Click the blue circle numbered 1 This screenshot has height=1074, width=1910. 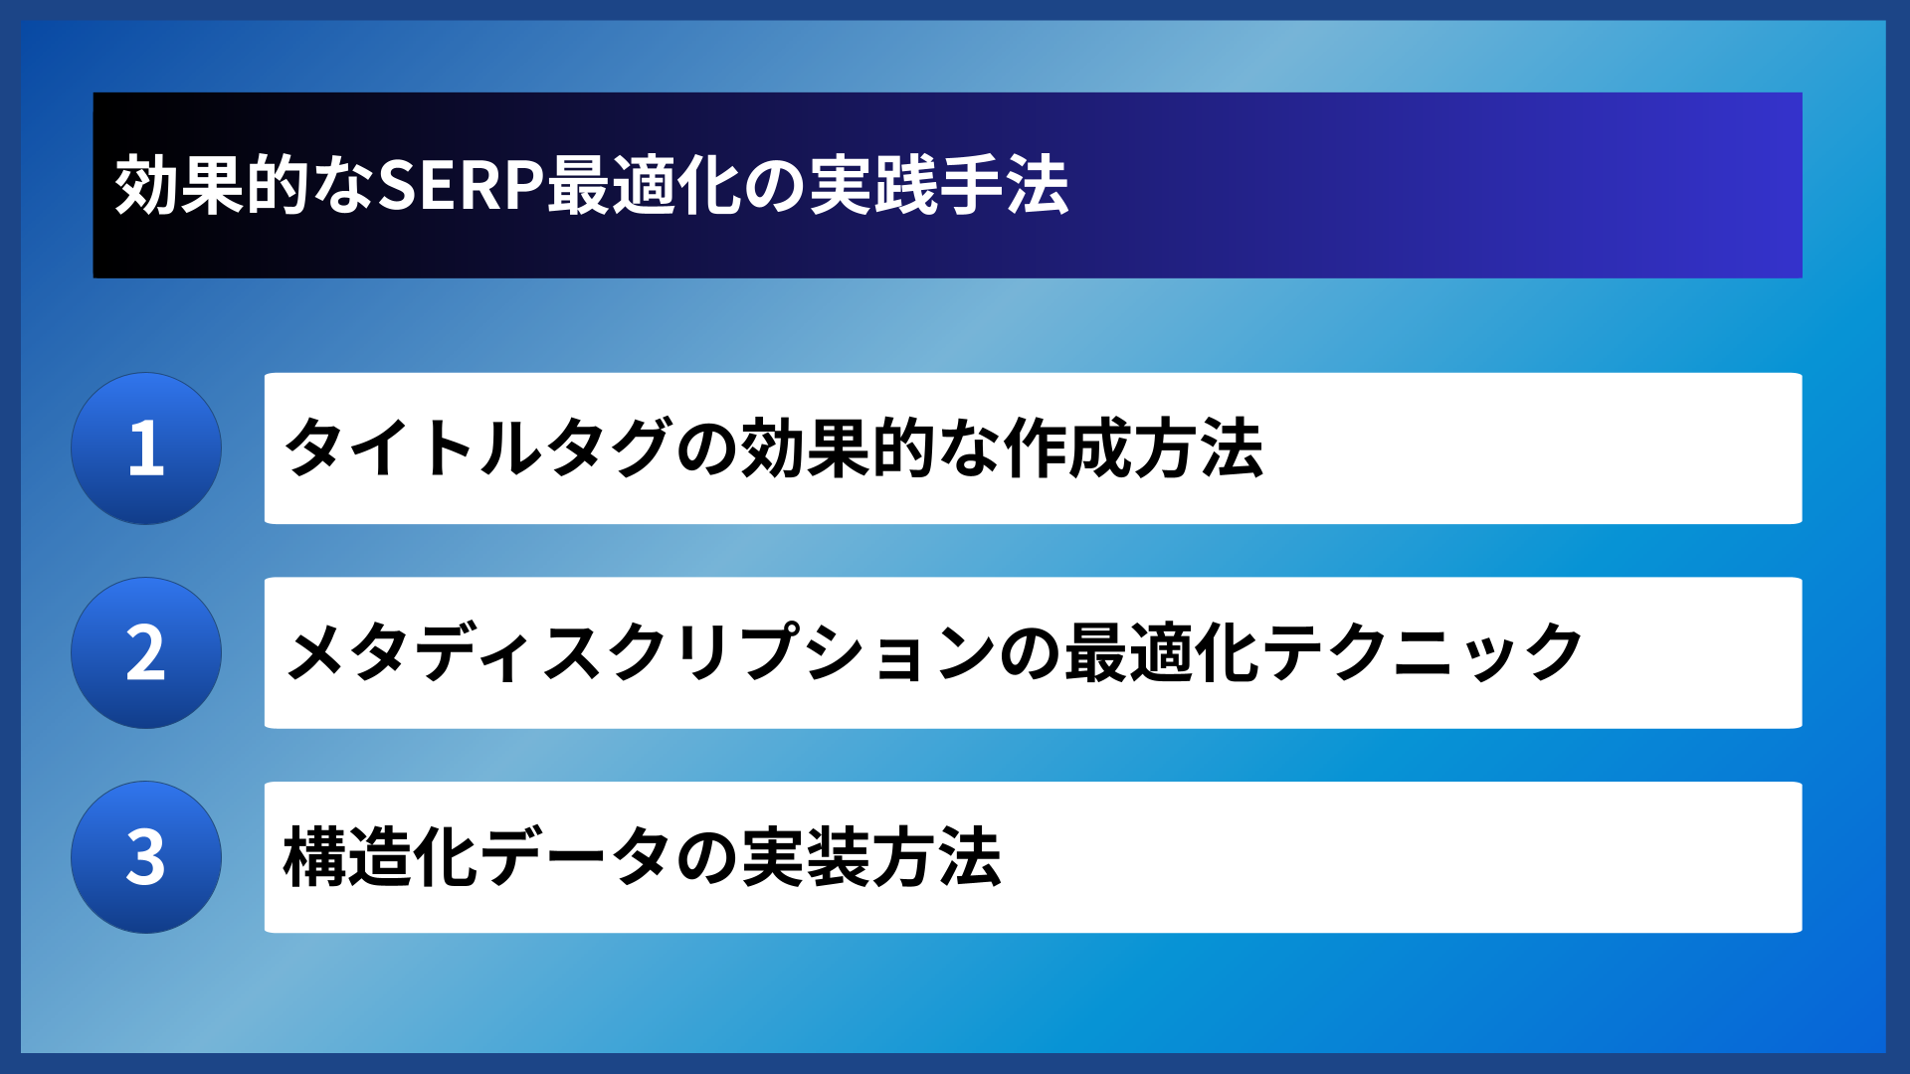click(x=146, y=448)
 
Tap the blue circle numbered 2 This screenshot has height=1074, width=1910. click(x=146, y=653)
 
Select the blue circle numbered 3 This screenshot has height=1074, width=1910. click(x=146, y=857)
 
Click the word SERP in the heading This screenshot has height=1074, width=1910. click(x=461, y=186)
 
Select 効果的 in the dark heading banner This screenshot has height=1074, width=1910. click(x=212, y=186)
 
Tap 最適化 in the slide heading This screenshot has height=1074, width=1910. click(x=644, y=186)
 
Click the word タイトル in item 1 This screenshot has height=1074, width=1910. click(x=413, y=448)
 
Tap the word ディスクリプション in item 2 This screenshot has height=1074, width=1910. click(x=702, y=653)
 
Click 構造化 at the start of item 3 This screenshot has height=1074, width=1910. click(x=381, y=857)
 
